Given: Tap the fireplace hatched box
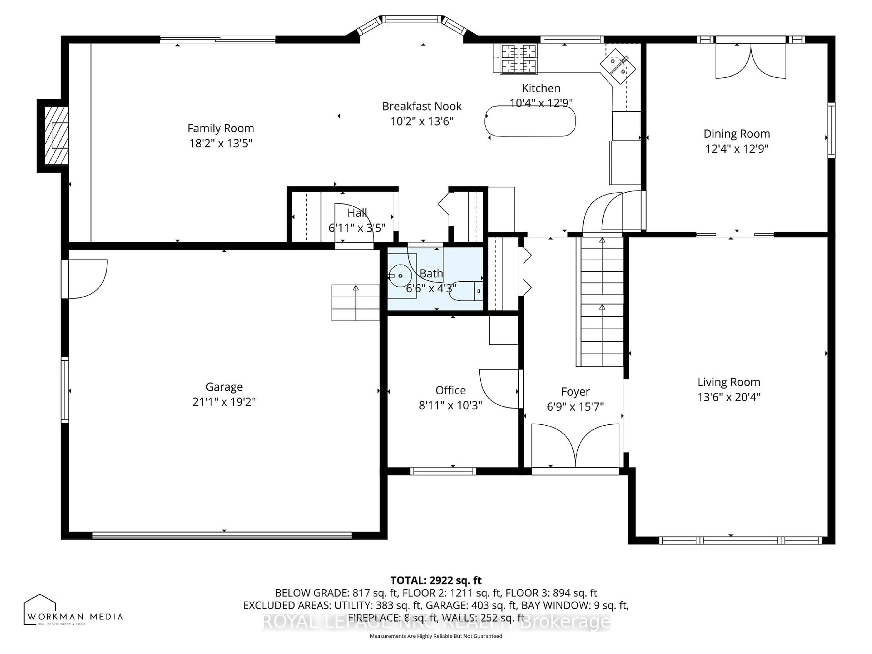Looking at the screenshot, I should click(x=56, y=135).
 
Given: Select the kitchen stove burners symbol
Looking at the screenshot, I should click(x=518, y=59).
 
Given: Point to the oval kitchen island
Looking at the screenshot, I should click(x=530, y=121).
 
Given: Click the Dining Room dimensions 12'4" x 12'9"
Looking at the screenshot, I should click(x=736, y=149).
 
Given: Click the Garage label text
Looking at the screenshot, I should click(x=224, y=387).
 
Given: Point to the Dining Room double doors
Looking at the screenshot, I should click(x=751, y=61).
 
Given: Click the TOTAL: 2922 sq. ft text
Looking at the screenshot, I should click(x=436, y=580).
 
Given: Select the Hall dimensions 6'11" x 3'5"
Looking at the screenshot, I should click(x=357, y=228).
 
